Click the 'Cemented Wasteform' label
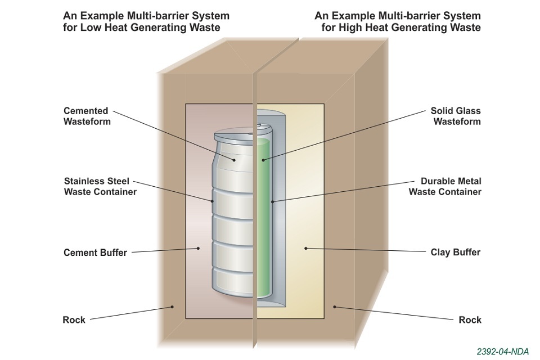coord(86,116)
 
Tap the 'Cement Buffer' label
coord(95,253)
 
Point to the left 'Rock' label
coord(74,319)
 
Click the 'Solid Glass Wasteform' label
coord(456,116)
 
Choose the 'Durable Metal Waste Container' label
coord(445,186)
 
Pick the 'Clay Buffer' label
coord(456,252)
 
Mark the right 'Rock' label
coord(470,319)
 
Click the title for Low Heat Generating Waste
coord(146,21)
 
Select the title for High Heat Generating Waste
coord(398,21)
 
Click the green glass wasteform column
coord(263,225)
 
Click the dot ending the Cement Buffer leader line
coord(198,248)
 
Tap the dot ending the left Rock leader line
coord(173,307)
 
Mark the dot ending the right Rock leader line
coord(335,307)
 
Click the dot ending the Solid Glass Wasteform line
coord(263,160)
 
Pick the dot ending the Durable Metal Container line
coord(272,201)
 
